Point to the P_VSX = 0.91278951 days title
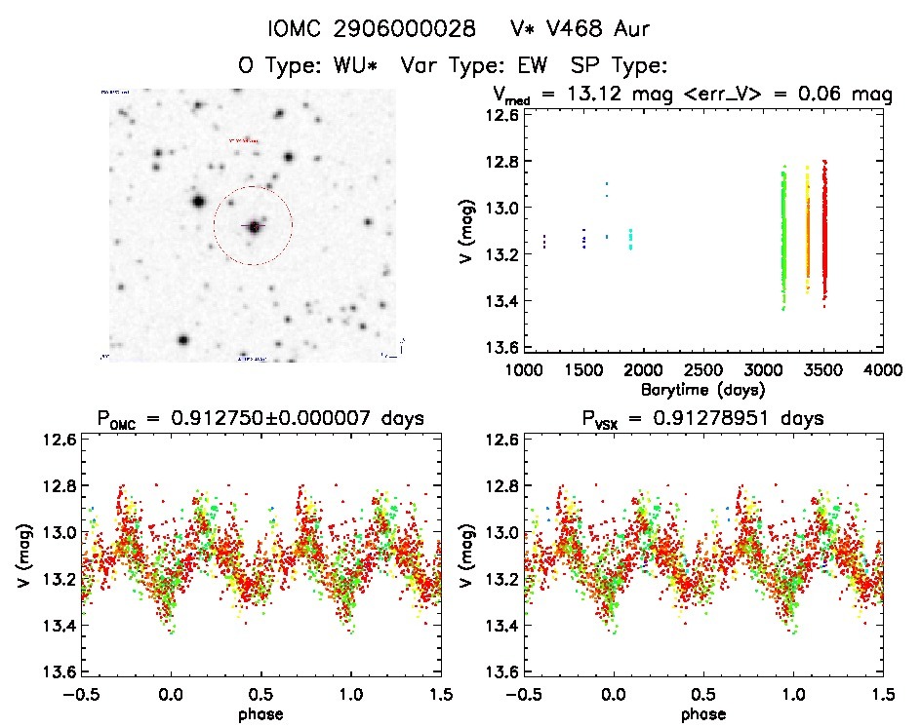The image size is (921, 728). (x=702, y=419)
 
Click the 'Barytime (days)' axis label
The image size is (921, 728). (x=702, y=388)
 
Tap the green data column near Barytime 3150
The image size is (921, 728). (x=783, y=239)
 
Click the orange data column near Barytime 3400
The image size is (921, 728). (x=808, y=234)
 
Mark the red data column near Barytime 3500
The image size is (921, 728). (x=824, y=234)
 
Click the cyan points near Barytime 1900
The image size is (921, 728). (x=630, y=239)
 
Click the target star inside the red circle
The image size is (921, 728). (x=255, y=226)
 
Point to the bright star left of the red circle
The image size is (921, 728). (x=198, y=203)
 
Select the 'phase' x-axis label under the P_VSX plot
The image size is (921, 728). (x=702, y=713)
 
